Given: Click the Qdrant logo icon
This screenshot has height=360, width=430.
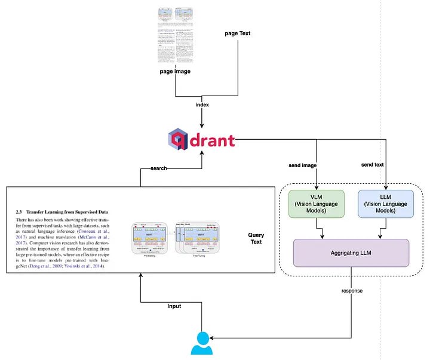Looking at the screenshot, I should [x=179, y=140].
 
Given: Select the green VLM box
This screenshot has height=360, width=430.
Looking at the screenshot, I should [x=317, y=205].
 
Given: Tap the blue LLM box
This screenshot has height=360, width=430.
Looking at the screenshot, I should [x=386, y=205].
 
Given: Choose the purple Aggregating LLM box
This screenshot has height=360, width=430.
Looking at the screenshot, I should [x=351, y=253].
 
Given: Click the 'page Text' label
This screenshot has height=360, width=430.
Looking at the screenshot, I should [x=237, y=33].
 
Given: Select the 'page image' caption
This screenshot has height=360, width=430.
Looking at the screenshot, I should [x=174, y=71].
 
